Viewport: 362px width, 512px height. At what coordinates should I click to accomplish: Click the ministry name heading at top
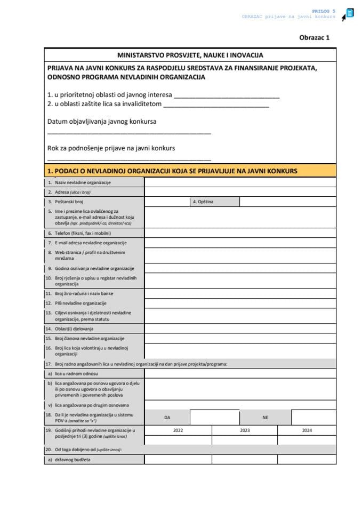(x=190, y=55)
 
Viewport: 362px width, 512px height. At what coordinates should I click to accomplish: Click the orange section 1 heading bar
(x=190, y=171)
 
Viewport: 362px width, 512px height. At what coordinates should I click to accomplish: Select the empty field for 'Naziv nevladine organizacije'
(x=240, y=182)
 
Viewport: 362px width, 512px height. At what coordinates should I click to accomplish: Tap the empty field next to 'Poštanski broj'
(x=166, y=202)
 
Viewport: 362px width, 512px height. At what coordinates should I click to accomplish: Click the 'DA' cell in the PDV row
(x=167, y=418)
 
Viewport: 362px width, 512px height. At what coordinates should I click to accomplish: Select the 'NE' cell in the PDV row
(x=265, y=418)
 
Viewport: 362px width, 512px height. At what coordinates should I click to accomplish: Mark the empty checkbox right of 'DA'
(x=214, y=418)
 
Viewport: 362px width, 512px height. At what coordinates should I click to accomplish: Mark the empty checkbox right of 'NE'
(x=313, y=418)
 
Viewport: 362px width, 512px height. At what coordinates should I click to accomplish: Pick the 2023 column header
(x=245, y=430)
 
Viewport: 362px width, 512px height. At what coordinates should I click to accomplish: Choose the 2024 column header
(x=307, y=430)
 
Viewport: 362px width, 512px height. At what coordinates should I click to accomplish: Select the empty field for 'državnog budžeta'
(x=240, y=459)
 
